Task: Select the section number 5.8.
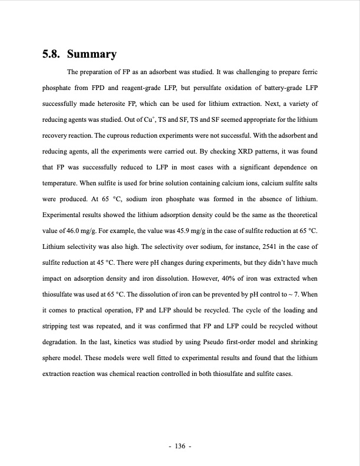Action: click(52, 55)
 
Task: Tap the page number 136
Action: click(179, 447)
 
